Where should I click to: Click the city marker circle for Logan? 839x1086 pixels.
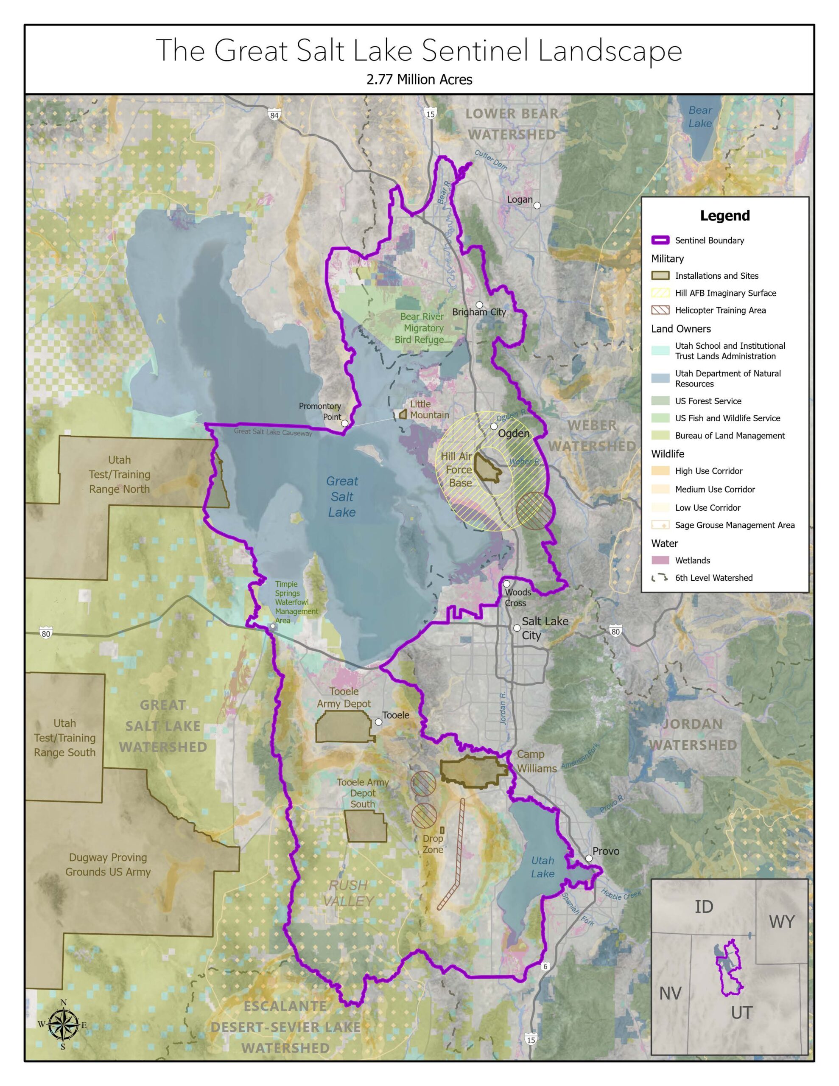coord(537,205)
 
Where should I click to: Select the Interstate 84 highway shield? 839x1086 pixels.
coord(274,115)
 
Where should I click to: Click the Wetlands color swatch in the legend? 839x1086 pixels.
coord(660,560)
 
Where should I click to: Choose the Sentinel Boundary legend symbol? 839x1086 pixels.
coord(660,240)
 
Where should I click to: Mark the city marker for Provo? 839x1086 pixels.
coord(588,858)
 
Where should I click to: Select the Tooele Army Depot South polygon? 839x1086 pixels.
coord(366,826)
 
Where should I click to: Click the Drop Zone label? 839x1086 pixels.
coord(433,844)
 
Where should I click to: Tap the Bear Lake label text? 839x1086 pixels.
coord(700,117)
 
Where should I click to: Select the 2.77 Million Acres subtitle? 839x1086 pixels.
coord(419,80)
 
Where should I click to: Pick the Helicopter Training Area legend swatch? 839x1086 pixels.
coord(660,310)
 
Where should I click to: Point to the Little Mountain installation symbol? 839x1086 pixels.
coord(403,414)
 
